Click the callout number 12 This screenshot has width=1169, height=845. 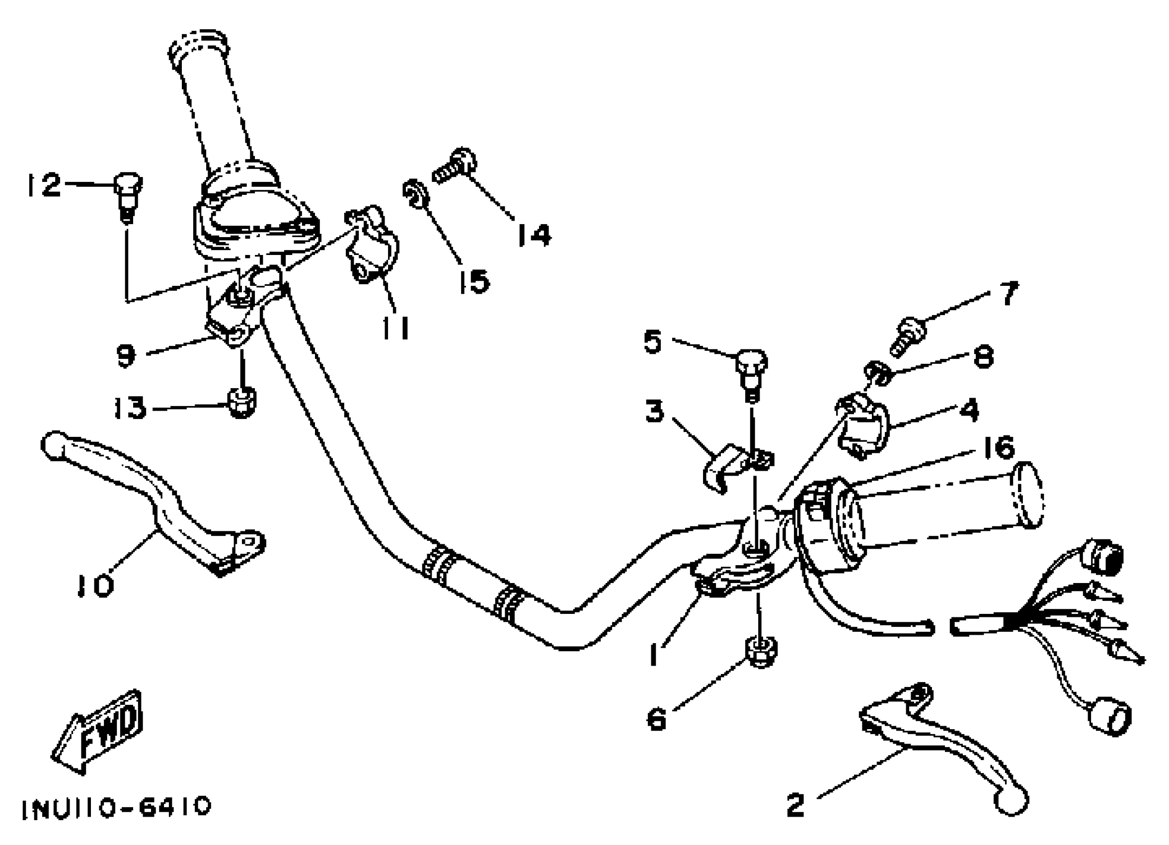click(x=44, y=185)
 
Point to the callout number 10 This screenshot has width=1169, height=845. click(x=96, y=586)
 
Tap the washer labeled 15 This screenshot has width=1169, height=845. click(x=414, y=193)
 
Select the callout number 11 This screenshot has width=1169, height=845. click(x=396, y=328)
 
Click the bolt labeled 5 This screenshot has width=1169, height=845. click(x=751, y=373)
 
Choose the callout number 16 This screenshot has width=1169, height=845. click(x=999, y=447)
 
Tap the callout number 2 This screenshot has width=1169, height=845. click(x=795, y=805)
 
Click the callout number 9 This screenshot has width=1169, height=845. click(x=126, y=355)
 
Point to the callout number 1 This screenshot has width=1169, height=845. click(x=654, y=656)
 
